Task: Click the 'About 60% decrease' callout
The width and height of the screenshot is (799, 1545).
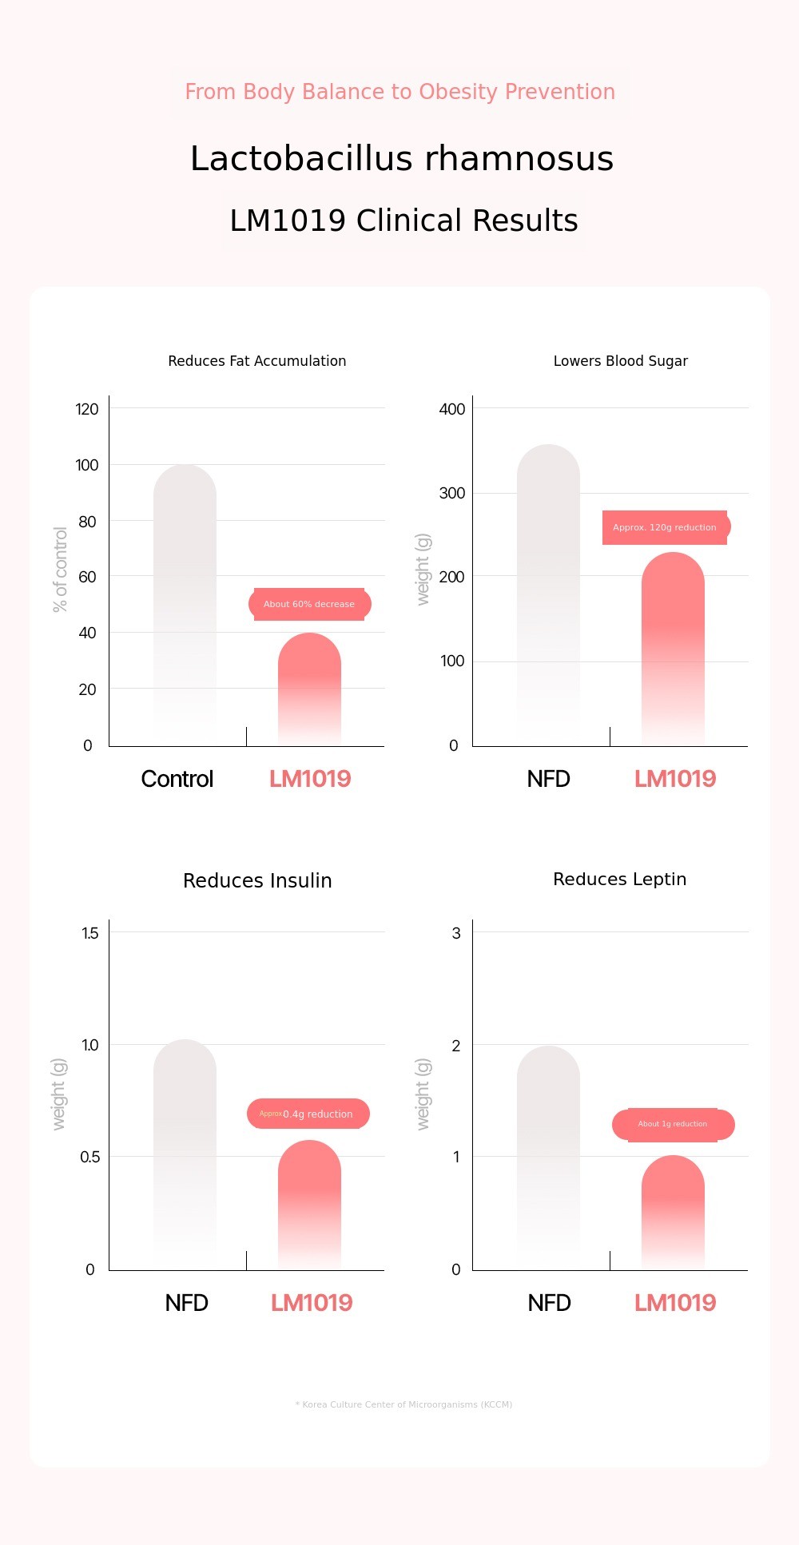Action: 309,604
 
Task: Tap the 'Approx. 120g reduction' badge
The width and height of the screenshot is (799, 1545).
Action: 665,527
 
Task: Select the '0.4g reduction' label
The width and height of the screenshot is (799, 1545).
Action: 308,1114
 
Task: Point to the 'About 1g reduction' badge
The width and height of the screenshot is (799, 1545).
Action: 673,1124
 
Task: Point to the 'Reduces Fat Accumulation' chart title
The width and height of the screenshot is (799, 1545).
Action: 257,361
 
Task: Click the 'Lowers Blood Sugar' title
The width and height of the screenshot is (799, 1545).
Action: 620,361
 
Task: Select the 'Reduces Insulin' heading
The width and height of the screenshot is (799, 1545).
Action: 257,880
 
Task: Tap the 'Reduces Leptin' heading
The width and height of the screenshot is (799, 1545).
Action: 619,879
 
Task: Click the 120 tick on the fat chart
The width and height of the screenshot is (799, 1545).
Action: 87,409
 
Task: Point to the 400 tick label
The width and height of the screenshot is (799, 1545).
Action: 452,409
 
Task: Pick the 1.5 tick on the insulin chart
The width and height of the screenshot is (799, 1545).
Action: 90,933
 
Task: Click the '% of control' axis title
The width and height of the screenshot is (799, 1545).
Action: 60,570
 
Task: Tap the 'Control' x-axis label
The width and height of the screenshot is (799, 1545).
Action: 177,779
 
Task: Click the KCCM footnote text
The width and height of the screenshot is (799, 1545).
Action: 403,1404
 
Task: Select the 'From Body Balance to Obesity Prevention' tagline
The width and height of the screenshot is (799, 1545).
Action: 399,92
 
